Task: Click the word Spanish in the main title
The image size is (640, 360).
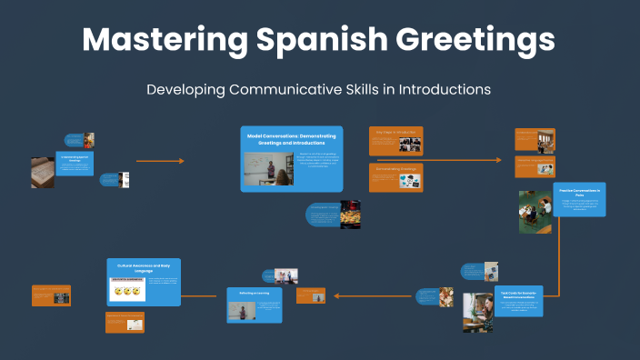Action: (x=314, y=40)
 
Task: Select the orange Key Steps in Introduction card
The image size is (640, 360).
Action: (x=395, y=141)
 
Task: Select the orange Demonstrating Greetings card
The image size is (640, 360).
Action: (x=395, y=177)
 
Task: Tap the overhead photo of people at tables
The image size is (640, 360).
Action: (x=534, y=212)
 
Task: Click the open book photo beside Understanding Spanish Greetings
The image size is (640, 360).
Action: (x=43, y=173)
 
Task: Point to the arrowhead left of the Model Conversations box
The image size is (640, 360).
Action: (x=181, y=161)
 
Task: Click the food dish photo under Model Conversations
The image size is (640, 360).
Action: (x=350, y=214)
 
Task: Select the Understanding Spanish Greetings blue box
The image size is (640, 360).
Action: (x=74, y=164)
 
